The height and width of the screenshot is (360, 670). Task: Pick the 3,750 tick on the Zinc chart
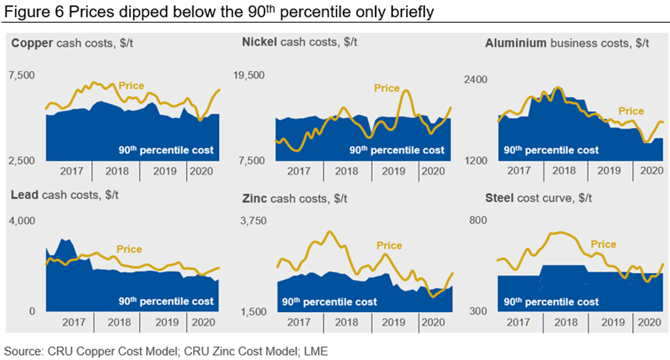tap(253, 220)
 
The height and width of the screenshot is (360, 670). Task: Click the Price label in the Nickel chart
tap(387, 88)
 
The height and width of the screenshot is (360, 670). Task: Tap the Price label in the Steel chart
tap(603, 244)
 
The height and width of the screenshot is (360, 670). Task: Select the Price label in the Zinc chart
tap(389, 245)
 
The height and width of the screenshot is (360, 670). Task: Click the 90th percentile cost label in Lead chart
tap(165, 301)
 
